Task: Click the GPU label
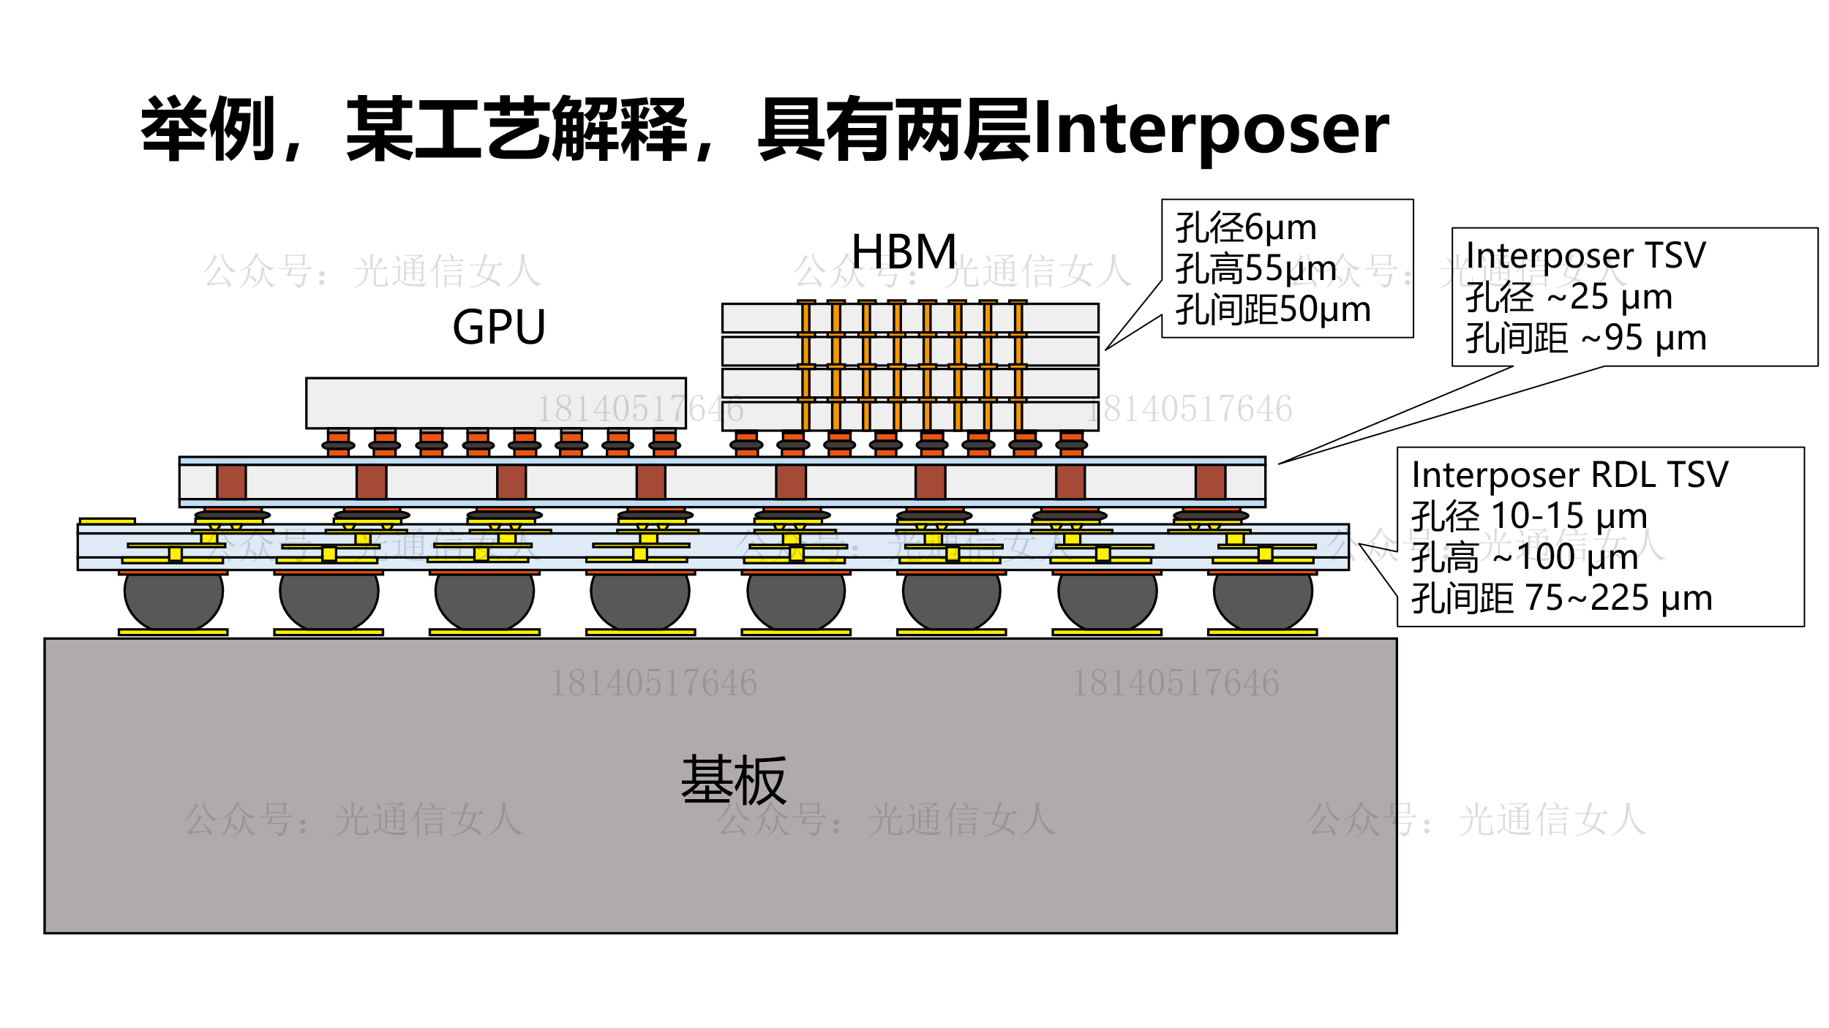point(499,327)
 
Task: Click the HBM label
point(904,252)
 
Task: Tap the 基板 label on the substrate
point(733,782)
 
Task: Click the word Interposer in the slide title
point(1211,129)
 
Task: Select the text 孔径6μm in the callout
point(1246,227)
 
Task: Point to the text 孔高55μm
point(1255,268)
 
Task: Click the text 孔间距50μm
point(1273,309)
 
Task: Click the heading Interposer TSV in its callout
point(1585,255)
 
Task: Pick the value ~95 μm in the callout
point(1644,338)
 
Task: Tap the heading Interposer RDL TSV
point(1570,475)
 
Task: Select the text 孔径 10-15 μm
point(1529,516)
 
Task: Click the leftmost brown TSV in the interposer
point(231,482)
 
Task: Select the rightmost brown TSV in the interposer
point(1210,482)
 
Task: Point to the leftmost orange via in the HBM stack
point(805,366)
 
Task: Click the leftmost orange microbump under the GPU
point(338,443)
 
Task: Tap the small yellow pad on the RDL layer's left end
point(107,521)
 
